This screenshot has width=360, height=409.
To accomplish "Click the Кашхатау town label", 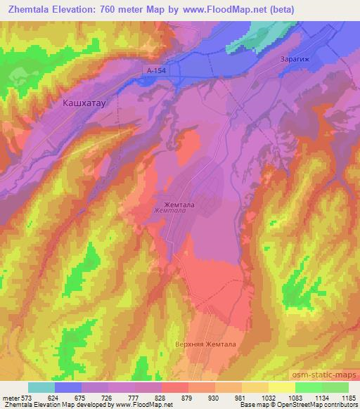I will tap(84, 103).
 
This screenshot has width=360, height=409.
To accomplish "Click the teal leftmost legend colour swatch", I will tap(41, 387).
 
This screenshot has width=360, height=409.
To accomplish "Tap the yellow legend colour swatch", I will tap(282, 387).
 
